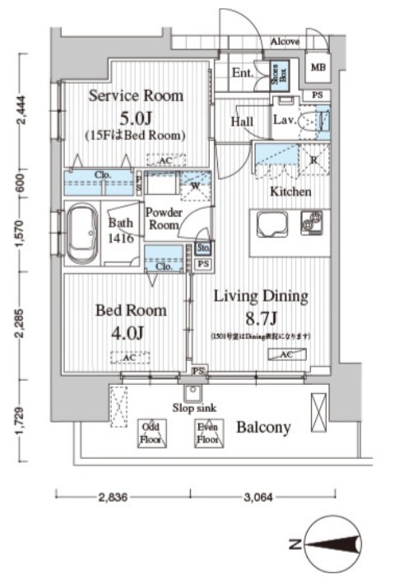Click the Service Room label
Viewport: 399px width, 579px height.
point(136,95)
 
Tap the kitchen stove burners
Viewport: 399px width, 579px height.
point(311,221)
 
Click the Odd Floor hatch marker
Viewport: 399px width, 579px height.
point(151,433)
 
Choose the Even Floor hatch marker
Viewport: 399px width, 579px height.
point(206,433)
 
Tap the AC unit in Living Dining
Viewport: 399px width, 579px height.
point(288,354)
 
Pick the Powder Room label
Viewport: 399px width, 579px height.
point(164,218)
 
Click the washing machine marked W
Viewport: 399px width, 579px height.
point(195,184)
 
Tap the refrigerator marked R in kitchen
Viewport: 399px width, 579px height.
point(313,160)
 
